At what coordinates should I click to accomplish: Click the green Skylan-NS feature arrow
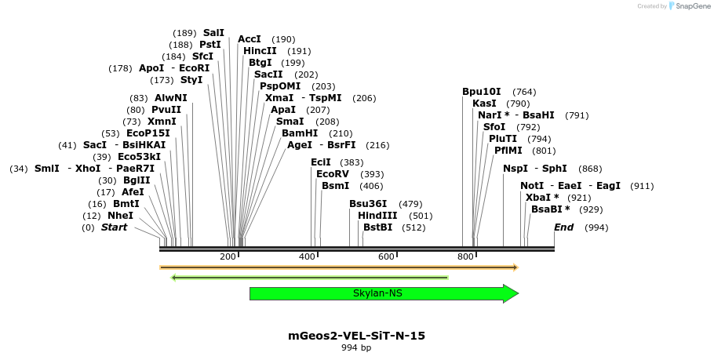[x=377, y=293]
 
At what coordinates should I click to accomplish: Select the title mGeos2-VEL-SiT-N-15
[x=357, y=336]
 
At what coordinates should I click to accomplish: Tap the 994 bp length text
[x=357, y=347]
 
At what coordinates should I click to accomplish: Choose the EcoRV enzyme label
[x=332, y=174]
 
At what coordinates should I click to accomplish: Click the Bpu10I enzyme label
[x=481, y=92]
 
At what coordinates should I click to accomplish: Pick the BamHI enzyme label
[x=300, y=133]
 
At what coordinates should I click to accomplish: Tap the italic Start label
[x=114, y=227]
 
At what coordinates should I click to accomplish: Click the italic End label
[x=563, y=227]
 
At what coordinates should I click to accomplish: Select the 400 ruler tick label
[x=308, y=257]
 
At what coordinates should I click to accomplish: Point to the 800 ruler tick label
[x=465, y=257]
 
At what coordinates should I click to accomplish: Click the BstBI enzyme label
[x=377, y=227]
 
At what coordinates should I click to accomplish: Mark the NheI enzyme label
[x=120, y=216]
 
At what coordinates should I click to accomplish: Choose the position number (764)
[x=524, y=92]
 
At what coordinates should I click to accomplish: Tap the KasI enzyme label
[x=484, y=104]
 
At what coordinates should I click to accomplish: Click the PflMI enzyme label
[x=508, y=151]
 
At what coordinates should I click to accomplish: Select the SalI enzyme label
[x=213, y=33]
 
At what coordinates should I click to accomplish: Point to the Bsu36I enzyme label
[x=368, y=204]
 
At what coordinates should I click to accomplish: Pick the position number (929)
[x=592, y=209]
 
